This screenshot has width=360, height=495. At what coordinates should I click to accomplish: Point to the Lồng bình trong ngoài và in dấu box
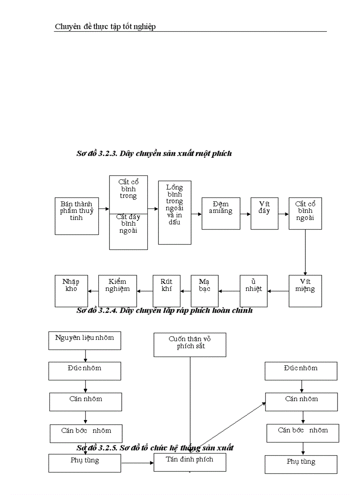(175, 212)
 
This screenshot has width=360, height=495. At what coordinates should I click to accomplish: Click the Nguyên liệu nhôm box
(84, 341)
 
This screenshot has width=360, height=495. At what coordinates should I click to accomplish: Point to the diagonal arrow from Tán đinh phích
(229, 425)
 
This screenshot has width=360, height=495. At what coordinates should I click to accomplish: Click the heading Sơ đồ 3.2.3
(154, 154)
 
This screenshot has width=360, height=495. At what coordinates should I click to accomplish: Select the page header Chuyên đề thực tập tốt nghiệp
(105, 27)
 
